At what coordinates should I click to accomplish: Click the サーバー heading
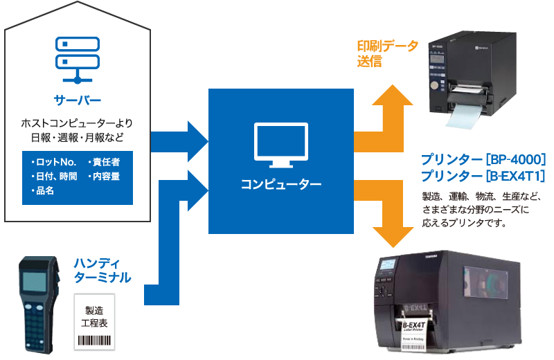coord(78,99)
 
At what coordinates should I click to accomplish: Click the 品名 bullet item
coord(43,191)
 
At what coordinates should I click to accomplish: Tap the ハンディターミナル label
coord(102,271)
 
